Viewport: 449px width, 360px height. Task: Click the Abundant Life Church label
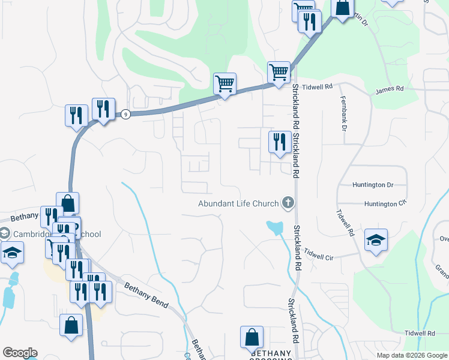[238, 203]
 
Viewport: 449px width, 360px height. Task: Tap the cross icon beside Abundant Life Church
[288, 203]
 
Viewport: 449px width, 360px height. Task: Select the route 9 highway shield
[125, 114]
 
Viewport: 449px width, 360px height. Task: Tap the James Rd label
[390, 89]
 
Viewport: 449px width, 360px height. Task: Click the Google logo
[20, 353]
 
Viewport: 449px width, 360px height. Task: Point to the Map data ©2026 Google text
[412, 355]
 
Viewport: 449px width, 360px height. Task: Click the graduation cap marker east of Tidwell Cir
[376, 240]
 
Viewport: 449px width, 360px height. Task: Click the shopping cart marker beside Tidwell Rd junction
[279, 73]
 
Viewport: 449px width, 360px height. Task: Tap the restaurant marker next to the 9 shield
[103, 109]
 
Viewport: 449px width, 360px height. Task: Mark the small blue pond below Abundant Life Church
[275, 227]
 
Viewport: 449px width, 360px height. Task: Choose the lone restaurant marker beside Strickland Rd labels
[279, 142]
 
